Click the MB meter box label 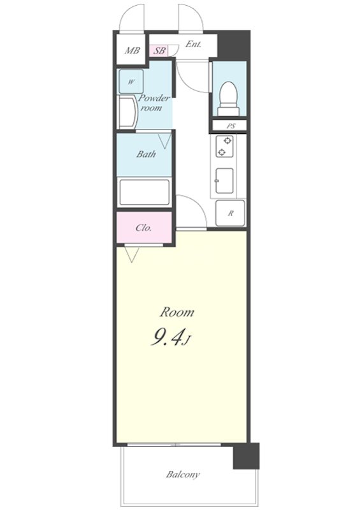(x=132, y=50)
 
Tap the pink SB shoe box (x=159, y=51)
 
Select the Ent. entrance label (x=193, y=44)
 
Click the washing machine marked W (x=131, y=82)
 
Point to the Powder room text (x=154, y=103)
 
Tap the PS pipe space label (x=231, y=126)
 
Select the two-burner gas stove (x=225, y=147)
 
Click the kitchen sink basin (x=224, y=181)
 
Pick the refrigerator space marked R (x=230, y=213)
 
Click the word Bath (x=146, y=154)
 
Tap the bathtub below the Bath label (x=145, y=193)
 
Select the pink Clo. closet (x=144, y=228)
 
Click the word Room (x=177, y=312)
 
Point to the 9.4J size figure (x=169, y=337)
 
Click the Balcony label (x=183, y=474)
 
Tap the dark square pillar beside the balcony (x=246, y=456)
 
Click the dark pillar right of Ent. (x=233, y=45)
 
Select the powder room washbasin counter (x=127, y=112)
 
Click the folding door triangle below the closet (x=133, y=254)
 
